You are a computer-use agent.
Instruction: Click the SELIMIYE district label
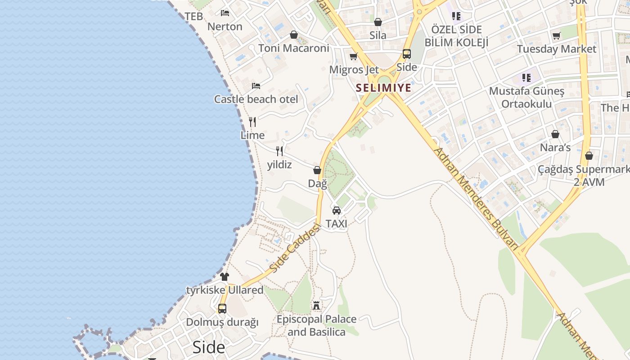(x=383, y=88)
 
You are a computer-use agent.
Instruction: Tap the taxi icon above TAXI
(x=336, y=210)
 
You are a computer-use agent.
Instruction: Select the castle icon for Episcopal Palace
(x=316, y=306)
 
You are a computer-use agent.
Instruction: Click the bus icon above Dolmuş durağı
(x=222, y=309)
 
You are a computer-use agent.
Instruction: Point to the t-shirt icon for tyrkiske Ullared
(x=224, y=276)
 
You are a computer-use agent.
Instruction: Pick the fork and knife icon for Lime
(x=252, y=121)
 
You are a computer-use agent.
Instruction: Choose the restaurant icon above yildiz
(x=279, y=151)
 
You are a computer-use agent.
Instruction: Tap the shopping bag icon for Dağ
(x=317, y=170)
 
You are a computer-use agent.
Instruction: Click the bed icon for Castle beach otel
(x=256, y=85)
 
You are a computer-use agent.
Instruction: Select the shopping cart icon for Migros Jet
(x=353, y=56)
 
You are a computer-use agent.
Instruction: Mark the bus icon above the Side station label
(x=406, y=54)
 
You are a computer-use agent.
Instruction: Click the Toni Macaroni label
(x=294, y=48)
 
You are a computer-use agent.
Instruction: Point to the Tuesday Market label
(x=556, y=49)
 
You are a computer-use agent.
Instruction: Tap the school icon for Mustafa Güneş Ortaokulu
(x=526, y=77)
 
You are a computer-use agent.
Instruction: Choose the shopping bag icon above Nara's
(x=555, y=134)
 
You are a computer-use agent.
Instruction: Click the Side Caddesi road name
(x=295, y=248)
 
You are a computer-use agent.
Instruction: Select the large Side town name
(x=208, y=347)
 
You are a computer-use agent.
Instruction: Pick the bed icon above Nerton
(x=225, y=13)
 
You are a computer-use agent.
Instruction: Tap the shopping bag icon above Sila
(x=378, y=22)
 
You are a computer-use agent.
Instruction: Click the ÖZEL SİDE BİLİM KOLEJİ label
(x=456, y=36)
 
